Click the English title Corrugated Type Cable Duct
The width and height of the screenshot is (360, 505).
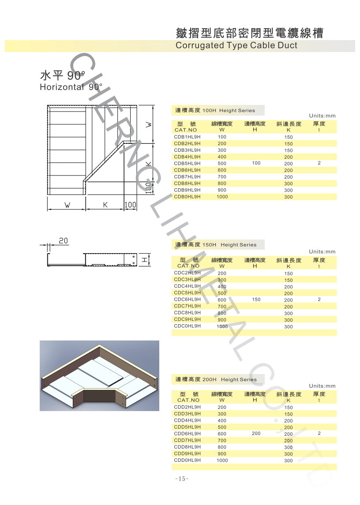tap(236, 45)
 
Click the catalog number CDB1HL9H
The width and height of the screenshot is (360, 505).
tap(187, 137)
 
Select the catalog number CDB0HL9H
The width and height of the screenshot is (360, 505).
tap(187, 197)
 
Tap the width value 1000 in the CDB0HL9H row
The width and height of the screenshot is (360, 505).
tap(222, 197)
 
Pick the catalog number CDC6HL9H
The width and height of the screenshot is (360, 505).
tap(187, 299)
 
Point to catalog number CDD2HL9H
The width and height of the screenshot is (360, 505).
tap(187, 407)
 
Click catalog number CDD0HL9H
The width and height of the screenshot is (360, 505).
tap(187, 460)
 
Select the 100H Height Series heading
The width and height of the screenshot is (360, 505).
tap(215, 110)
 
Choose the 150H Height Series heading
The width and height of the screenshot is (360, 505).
tap(216, 245)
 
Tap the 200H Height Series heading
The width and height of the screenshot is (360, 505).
tap(216, 379)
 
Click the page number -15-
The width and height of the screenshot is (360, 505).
tap(182, 479)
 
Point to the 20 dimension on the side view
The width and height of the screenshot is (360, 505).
tap(64, 241)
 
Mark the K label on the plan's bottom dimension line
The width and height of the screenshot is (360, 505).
tap(105, 205)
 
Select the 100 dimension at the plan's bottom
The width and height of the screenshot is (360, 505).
tap(131, 205)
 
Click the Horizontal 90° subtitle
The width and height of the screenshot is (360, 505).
tap(71, 87)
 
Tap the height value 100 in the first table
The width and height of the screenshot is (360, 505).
tap(256, 163)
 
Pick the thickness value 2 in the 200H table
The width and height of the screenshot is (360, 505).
tap(319, 434)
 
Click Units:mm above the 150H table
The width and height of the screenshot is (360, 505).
tap(322, 252)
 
